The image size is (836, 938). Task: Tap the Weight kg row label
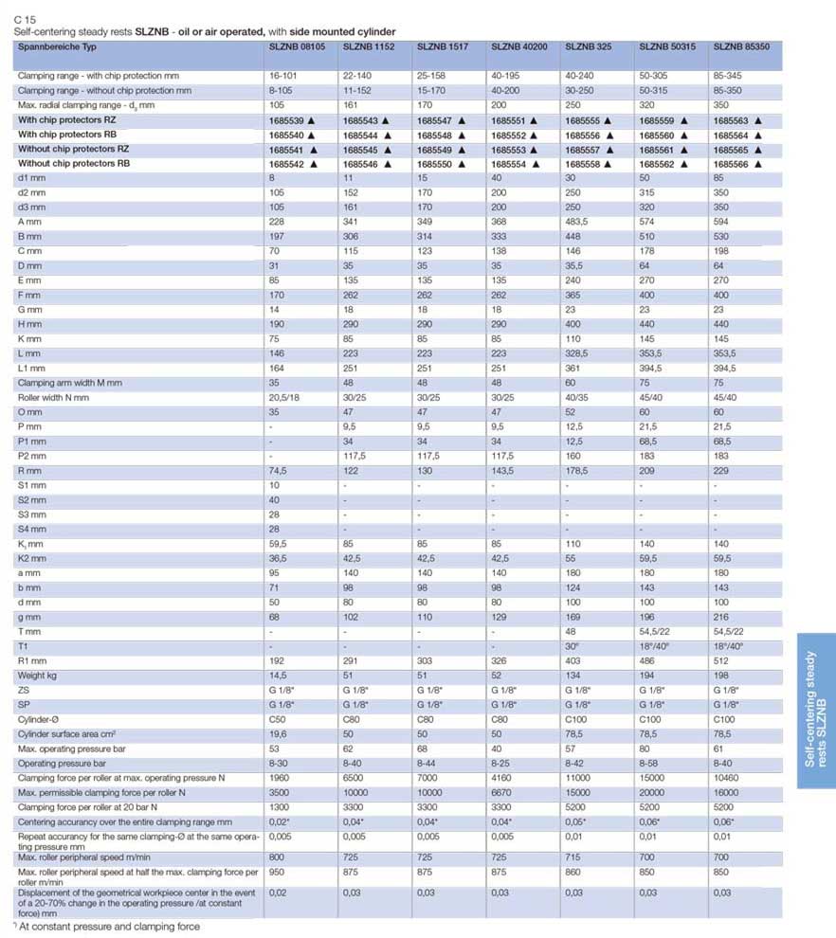tap(38, 676)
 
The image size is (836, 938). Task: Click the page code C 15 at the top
tap(25, 19)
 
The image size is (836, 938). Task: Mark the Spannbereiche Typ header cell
tap(57, 45)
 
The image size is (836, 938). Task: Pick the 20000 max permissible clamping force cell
tap(653, 792)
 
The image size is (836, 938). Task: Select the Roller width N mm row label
tap(53, 398)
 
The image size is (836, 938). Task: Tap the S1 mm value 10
tap(274, 485)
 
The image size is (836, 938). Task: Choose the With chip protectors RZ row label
tap(73, 120)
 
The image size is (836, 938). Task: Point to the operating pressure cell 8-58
tap(650, 764)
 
